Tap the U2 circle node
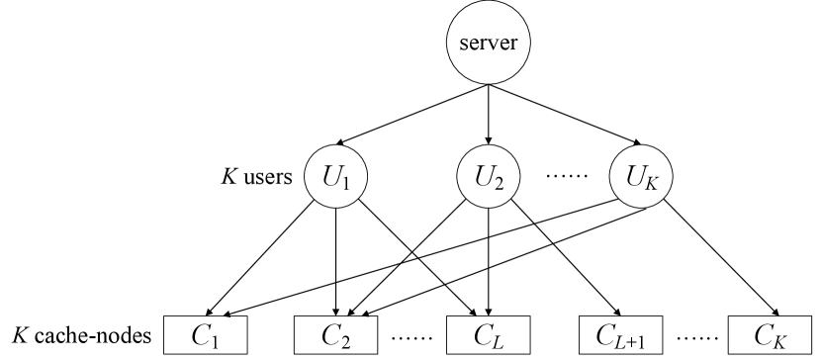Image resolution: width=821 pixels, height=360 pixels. click(x=488, y=179)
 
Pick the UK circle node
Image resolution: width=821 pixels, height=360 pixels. click(x=639, y=179)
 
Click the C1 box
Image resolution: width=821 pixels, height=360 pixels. click(x=205, y=334)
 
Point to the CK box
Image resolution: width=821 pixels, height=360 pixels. click(x=770, y=334)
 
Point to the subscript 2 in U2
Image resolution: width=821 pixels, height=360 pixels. click(x=499, y=185)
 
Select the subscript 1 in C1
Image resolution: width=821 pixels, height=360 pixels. click(x=214, y=340)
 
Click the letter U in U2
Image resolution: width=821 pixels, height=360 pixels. click(x=482, y=178)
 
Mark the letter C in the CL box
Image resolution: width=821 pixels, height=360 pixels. click(x=481, y=333)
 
